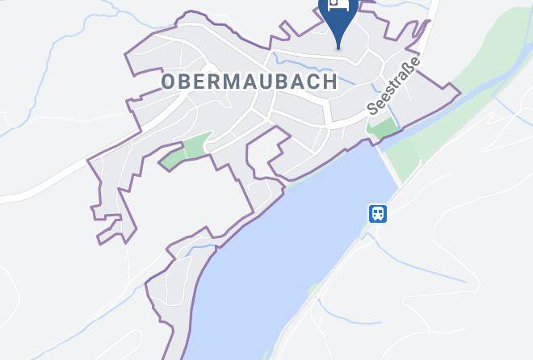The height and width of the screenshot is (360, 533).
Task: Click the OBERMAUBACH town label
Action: pos(249,82)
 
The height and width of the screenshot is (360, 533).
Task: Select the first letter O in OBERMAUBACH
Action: pos(168,82)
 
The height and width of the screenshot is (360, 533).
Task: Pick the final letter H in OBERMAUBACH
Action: pos(329,82)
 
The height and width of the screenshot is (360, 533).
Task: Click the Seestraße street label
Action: pos(394,85)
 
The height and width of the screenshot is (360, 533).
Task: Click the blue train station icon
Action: pos(378,214)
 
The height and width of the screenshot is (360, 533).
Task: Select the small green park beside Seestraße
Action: pos(383,128)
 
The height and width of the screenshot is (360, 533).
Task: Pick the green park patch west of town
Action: pos(187,151)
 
